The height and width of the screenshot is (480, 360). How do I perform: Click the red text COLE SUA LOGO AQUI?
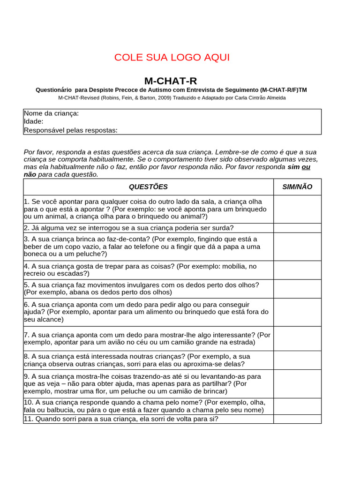click(172, 58)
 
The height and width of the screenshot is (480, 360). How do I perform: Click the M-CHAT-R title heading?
click(167, 81)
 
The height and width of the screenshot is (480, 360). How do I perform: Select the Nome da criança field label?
click(52, 113)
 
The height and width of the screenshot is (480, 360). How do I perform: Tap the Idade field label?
click(34, 121)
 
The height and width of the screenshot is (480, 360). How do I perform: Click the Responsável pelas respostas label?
click(71, 130)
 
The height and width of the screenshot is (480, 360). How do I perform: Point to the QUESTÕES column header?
click(148, 187)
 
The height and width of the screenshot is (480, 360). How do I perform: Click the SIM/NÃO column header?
click(297, 187)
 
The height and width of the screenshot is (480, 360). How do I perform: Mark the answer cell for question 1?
click(297, 209)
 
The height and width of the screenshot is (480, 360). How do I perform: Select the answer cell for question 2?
click(297, 228)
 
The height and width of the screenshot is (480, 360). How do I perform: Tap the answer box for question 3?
click(297, 247)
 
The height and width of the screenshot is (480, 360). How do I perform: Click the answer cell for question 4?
click(297, 270)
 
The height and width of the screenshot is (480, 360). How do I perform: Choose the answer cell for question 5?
click(297, 289)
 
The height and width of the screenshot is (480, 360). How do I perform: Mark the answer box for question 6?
click(297, 312)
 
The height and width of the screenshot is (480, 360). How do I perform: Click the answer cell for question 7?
click(297, 338)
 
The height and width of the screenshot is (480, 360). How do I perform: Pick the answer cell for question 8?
click(297, 360)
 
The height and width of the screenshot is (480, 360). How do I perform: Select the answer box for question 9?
click(297, 384)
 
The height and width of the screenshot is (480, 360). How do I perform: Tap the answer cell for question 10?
click(297, 406)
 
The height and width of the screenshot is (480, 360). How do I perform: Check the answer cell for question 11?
click(297, 419)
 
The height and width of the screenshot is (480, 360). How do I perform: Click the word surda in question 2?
click(223, 228)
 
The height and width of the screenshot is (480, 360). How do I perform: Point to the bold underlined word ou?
click(306, 167)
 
